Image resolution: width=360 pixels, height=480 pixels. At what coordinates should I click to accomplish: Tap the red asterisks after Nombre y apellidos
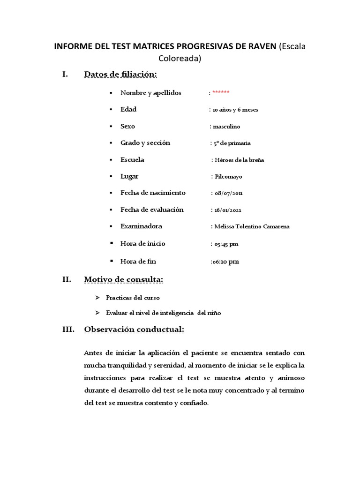point(221,93)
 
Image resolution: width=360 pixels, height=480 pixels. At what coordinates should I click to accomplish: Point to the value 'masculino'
point(227,127)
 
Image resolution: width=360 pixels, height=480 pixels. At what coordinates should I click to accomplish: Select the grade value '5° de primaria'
point(232,143)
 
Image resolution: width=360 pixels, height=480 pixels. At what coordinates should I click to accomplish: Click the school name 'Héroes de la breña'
point(239,160)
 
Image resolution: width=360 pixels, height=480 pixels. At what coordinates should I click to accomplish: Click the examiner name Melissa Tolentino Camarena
point(252,227)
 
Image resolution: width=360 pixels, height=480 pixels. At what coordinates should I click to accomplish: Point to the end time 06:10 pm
point(225,262)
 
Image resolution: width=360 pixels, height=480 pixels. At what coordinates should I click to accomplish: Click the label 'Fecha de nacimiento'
point(153,193)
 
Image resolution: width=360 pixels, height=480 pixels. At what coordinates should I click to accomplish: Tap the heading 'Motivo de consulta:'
point(124,280)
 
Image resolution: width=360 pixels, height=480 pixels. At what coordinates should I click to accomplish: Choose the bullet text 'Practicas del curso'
point(133,298)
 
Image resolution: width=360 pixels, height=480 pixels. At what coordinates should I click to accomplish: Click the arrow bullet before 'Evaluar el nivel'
point(97,313)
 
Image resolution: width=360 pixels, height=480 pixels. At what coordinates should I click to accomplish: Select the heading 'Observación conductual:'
point(134,330)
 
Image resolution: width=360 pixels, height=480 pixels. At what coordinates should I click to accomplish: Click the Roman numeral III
point(68,330)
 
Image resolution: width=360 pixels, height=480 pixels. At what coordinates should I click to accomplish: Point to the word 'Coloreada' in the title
point(180,59)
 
